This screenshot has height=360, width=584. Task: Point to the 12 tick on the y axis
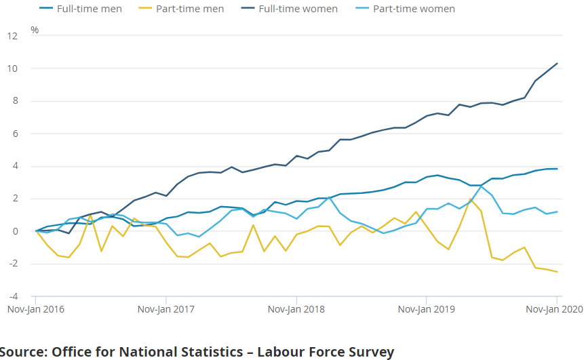pos(12,36)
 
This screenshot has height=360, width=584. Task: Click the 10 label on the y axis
pos(12,68)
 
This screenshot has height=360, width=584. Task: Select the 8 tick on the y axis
pos(14,101)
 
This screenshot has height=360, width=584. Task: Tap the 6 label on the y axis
pos(14,134)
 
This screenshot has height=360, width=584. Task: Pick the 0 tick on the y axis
pos(14,231)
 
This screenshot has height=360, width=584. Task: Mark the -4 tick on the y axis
pos(12,296)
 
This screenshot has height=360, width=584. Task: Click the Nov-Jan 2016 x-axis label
pos(35,309)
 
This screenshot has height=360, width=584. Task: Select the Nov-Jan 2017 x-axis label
pos(166,309)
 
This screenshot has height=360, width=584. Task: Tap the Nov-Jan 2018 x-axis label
pos(296,309)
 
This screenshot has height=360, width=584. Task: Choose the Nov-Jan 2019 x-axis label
pos(427,309)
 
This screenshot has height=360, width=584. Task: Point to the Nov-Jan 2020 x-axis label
pos(555,309)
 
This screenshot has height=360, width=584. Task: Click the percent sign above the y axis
pos(35,31)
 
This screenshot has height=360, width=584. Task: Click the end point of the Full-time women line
pos(557,64)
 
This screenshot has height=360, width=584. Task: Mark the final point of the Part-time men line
pos(557,272)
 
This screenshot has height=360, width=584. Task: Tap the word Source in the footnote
pos(22,352)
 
